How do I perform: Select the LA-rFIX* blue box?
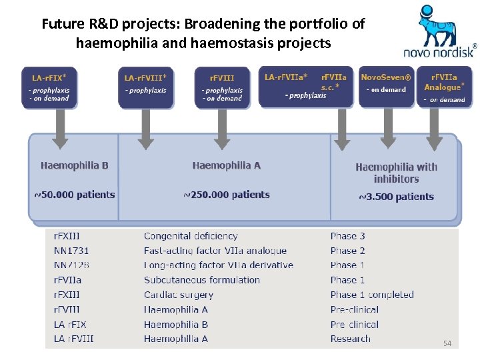[x=49, y=87]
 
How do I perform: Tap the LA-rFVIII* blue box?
[x=145, y=87]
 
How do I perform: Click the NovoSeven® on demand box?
[x=386, y=85]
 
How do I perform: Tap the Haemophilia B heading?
[x=74, y=165]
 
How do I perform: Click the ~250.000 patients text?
[x=227, y=195]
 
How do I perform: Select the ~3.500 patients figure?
[x=396, y=197]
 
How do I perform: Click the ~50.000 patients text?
[x=75, y=195]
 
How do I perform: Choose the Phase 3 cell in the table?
[x=347, y=236]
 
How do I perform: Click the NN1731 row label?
[x=71, y=251]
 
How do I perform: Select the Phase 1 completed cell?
[x=372, y=295]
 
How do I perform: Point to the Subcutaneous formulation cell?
[x=202, y=280]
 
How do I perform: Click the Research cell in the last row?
[x=350, y=339]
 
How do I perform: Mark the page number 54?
[x=447, y=343]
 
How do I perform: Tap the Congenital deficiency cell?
[x=191, y=236]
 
